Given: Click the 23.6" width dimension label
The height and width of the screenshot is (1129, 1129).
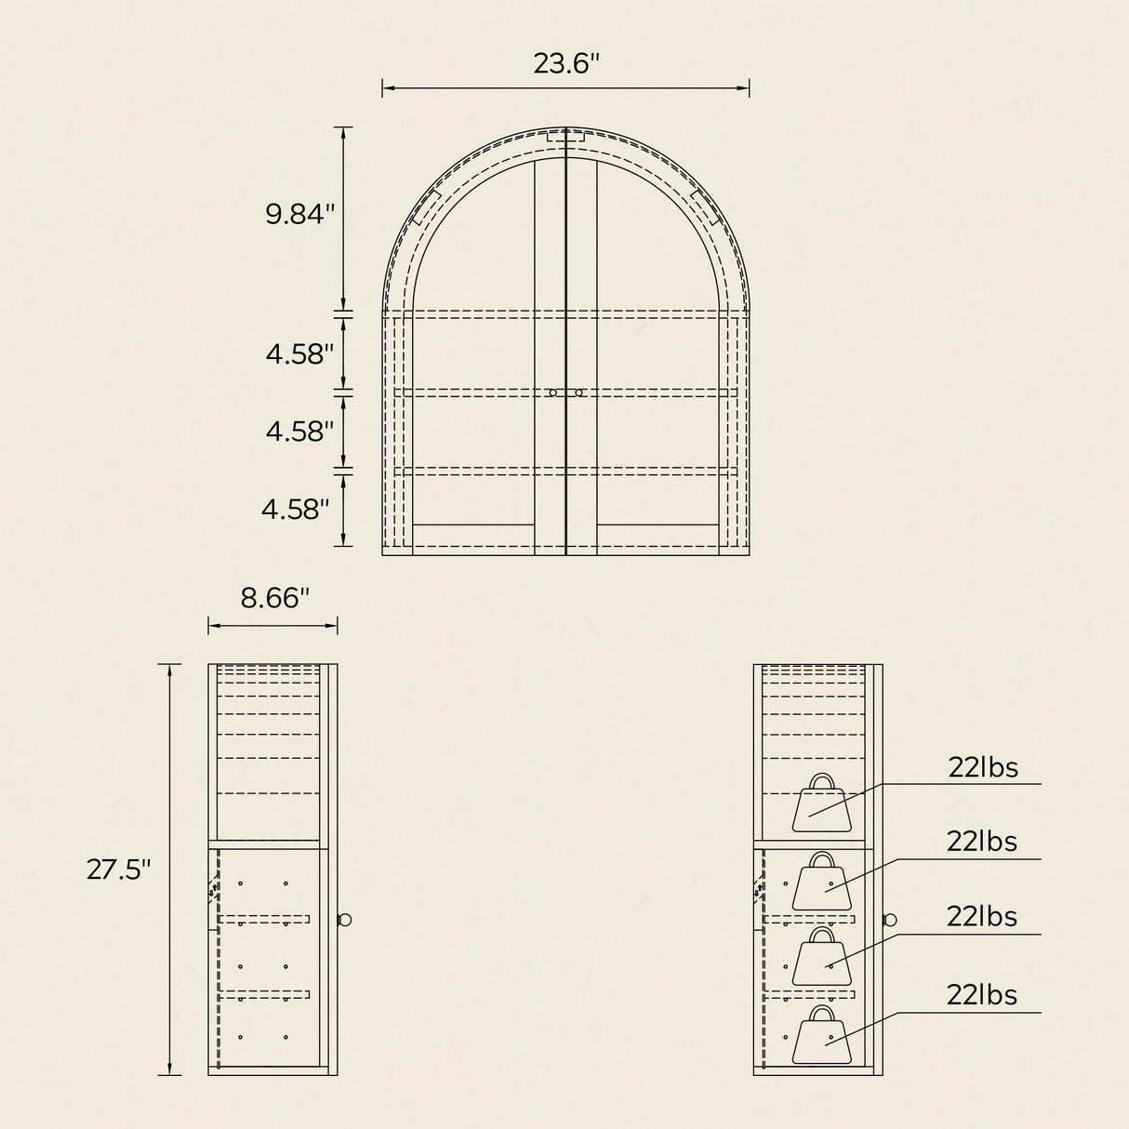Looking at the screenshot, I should (x=566, y=64).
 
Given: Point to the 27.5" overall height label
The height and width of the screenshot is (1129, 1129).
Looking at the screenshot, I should (x=118, y=870).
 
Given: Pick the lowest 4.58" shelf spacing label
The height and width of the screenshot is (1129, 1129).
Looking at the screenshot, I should (x=296, y=510).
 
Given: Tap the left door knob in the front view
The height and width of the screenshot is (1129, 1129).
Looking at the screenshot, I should (x=552, y=393).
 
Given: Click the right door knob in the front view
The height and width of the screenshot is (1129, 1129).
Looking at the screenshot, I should (x=578, y=393).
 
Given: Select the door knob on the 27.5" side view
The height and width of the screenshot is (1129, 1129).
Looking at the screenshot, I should (x=345, y=920).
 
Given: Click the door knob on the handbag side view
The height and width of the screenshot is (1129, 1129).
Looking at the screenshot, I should (x=890, y=920).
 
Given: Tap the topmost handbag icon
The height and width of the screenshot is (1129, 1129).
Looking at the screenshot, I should (x=821, y=803).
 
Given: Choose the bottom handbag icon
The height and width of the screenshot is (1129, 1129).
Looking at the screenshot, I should (x=821, y=1034).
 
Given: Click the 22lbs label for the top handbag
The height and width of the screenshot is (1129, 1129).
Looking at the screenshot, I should (x=983, y=768).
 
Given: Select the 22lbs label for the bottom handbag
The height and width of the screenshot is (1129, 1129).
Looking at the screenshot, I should (x=982, y=995).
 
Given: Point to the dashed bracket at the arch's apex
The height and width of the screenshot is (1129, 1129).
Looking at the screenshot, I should (x=566, y=137).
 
